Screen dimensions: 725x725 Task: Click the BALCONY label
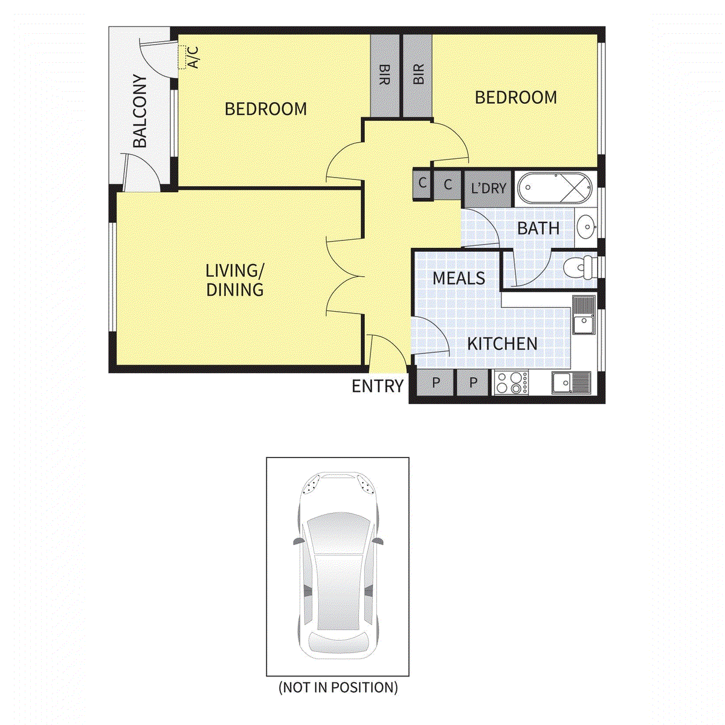tap(140, 111)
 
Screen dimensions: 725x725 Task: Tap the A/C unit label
tap(193, 57)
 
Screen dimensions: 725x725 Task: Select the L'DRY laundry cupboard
tap(488, 188)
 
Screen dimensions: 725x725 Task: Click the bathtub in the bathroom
tap(555, 187)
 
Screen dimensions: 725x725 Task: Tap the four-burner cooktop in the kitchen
tap(511, 382)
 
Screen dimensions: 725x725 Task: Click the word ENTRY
tap(378, 386)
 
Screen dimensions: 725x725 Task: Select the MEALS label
tap(459, 279)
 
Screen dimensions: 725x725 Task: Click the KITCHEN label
tap(502, 344)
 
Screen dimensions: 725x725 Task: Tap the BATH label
tap(538, 228)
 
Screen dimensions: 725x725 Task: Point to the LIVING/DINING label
tap(235, 280)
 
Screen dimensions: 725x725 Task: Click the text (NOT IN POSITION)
tap(338, 688)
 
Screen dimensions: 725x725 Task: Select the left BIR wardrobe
tap(384, 75)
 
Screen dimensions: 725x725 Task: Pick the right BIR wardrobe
tap(417, 75)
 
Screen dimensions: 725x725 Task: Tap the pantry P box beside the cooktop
tap(473, 382)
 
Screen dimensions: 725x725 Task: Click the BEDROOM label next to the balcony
tap(266, 109)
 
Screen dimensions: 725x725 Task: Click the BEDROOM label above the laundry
tap(516, 97)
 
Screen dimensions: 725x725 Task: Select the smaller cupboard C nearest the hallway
tap(422, 183)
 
